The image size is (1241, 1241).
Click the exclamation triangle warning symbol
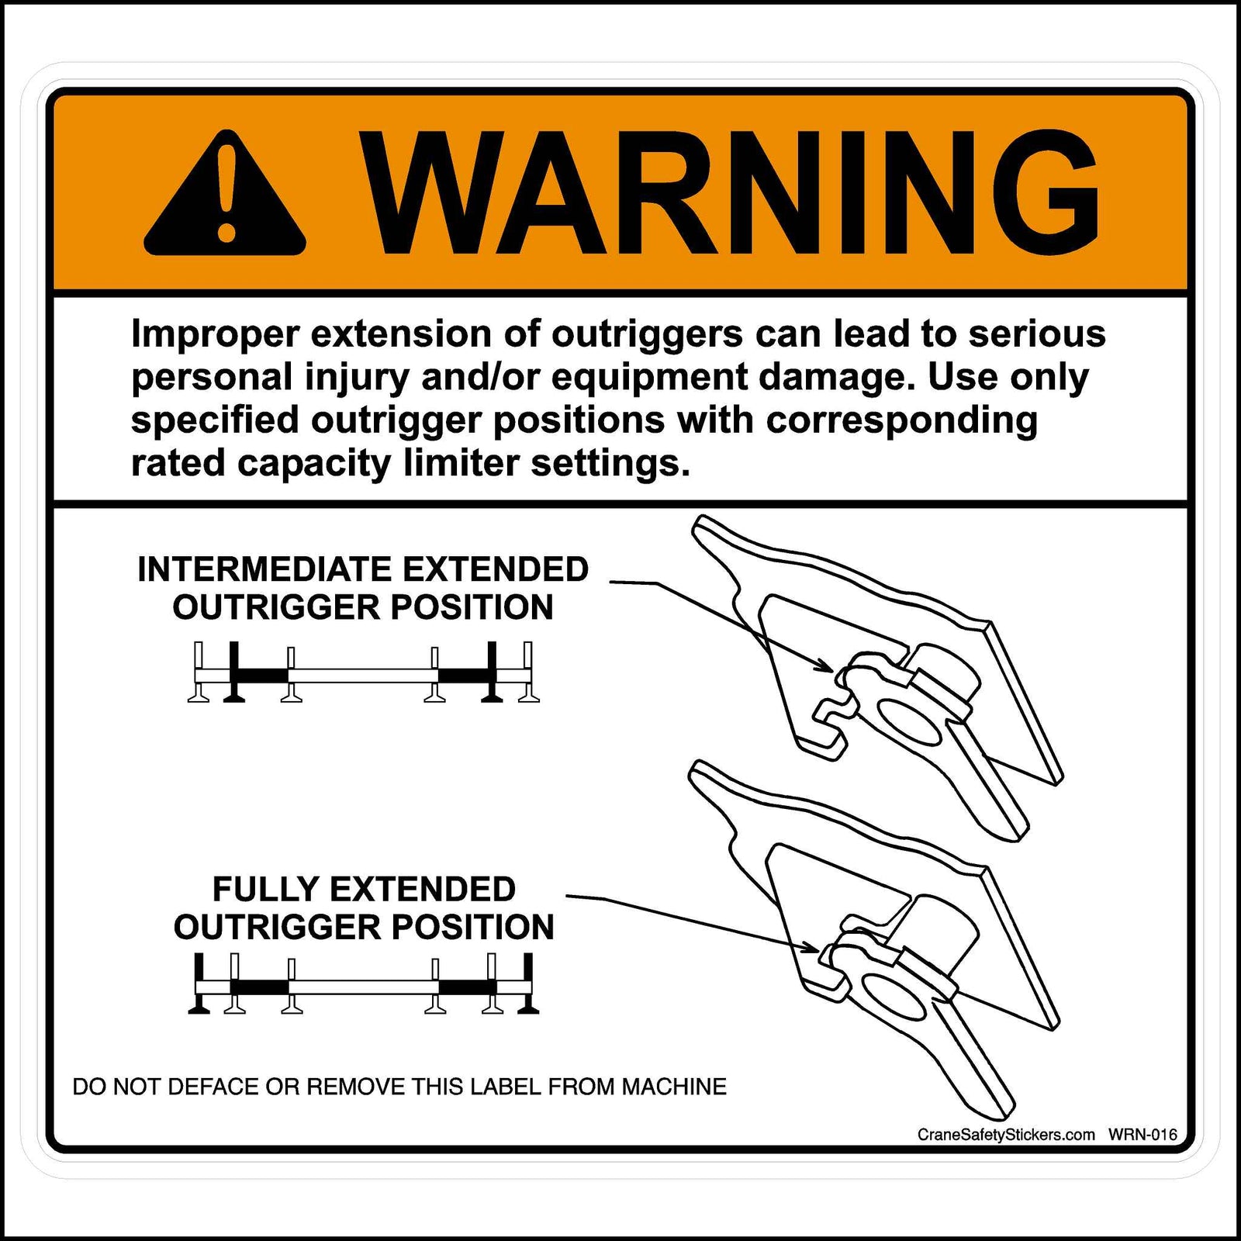point(225,194)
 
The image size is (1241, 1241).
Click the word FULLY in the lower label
point(262,890)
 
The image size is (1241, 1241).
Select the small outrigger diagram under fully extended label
point(363,985)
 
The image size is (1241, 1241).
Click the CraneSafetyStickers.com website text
point(1006,1135)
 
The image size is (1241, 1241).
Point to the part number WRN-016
point(1142,1135)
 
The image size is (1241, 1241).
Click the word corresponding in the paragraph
point(901,420)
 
